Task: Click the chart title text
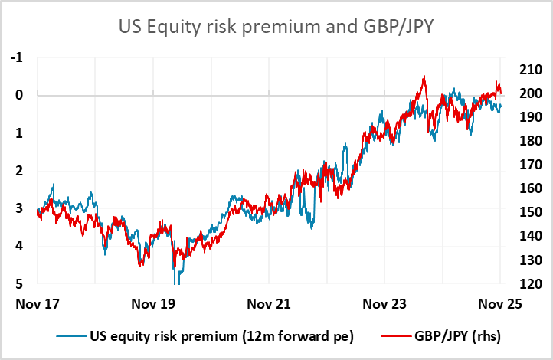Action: tap(276, 28)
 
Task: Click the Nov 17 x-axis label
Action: tap(37, 303)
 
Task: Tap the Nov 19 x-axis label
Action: tap(152, 303)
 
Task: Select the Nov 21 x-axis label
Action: tap(268, 303)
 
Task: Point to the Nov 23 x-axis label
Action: tap(384, 303)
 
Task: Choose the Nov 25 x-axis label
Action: tap(500, 303)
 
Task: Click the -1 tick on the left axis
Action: tap(17, 58)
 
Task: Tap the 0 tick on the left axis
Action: tap(18, 96)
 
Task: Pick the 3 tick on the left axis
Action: tap(18, 209)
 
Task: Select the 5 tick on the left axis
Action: tap(18, 284)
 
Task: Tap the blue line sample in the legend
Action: tap(70, 335)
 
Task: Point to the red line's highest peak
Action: tap(424, 77)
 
